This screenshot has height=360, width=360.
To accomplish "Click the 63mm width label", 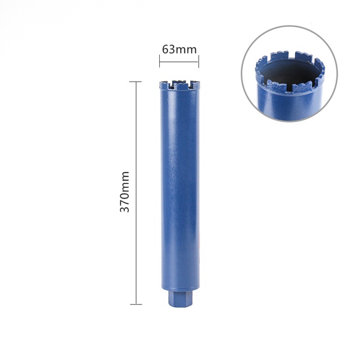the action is coord(179,49).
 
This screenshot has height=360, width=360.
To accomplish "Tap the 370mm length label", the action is coord(125,191).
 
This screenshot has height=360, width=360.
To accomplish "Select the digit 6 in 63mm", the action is coord(165,49).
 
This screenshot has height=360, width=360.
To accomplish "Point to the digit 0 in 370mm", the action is coord(125,196).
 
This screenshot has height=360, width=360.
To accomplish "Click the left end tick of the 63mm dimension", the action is coord(160,61).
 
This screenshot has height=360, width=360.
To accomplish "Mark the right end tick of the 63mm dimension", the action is coord(199,61).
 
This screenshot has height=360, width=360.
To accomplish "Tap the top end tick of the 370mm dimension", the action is coord(136,82).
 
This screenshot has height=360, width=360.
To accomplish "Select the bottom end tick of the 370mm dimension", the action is coord(136,304).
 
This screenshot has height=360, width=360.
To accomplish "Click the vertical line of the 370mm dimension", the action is coord(136,193).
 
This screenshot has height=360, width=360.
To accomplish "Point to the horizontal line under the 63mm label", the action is coord(179,61).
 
